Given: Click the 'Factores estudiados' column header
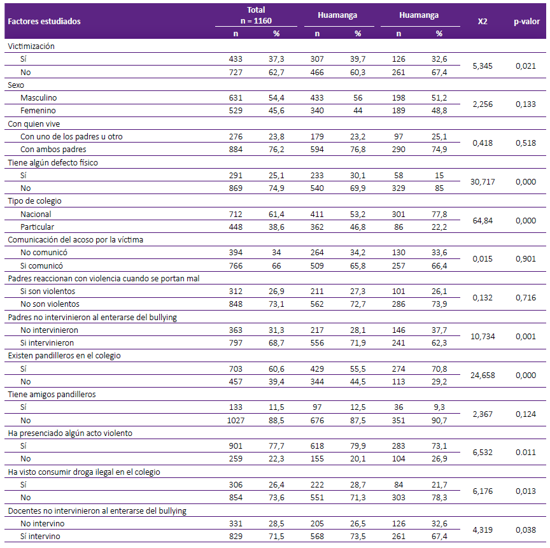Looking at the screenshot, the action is coord(44,22).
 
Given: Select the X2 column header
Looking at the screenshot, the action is coord(483,22).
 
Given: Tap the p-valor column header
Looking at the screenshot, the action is coord(526,22).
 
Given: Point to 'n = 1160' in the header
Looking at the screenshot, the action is coord(256,21).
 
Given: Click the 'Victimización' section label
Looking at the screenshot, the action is coord(31,46).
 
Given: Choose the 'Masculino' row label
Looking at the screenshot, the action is coord(39,98).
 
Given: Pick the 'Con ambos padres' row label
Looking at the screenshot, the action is coord(53,150).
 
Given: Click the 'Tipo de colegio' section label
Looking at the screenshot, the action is coord(35,201).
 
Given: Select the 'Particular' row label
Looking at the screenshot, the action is coord(37,227).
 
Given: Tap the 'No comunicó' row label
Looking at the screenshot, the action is coord(44,253).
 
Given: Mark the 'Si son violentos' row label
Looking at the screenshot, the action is coord(48,292).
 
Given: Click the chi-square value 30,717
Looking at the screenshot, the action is coord(483,182).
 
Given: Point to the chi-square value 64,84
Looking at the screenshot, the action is coord(483,221).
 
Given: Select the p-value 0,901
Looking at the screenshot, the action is coord(526,259).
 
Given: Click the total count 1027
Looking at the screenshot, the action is coord(236,420).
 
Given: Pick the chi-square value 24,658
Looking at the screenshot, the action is coord(483,376).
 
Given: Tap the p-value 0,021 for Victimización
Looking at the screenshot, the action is coord(526,66).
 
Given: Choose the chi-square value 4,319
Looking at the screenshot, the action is coord(483,530).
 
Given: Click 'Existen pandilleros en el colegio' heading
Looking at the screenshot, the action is coord(64,356).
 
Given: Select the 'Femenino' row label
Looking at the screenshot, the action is coord(38,111).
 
